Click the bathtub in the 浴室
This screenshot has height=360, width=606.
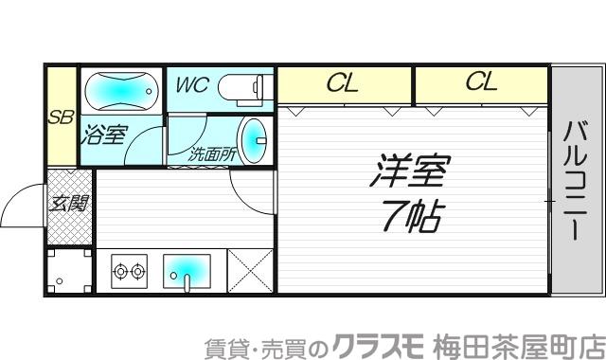[120, 93]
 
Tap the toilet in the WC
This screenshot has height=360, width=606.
[245, 89]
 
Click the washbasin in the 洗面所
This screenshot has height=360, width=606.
[254, 140]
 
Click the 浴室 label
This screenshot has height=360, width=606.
[103, 135]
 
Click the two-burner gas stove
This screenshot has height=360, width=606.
[129, 272]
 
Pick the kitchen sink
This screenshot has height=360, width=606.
[187, 272]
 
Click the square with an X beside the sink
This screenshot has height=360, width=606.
[249, 271]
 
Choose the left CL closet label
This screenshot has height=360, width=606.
[342, 83]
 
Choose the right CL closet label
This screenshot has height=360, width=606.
[480, 83]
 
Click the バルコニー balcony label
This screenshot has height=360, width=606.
[577, 181]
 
